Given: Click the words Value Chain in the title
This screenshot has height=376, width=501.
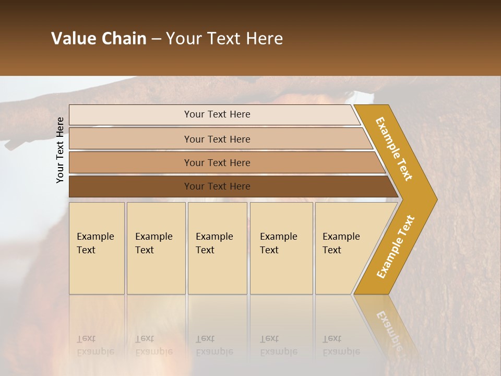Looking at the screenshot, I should tap(99, 39).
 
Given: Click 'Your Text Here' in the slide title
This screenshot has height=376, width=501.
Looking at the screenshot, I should tap(224, 39).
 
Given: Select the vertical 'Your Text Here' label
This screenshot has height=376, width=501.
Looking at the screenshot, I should tap(60, 150).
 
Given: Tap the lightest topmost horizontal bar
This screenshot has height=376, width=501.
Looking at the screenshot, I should tap(130, 115).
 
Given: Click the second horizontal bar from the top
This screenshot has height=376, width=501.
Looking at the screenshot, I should tap(130, 139).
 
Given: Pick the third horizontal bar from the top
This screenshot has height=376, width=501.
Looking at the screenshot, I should tap(130, 162).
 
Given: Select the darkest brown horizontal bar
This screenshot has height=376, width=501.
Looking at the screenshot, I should tap(130, 186).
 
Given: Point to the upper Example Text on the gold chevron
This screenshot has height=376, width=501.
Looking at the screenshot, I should tap(394, 149).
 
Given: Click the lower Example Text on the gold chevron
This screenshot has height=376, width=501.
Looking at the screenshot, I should tap(396, 246).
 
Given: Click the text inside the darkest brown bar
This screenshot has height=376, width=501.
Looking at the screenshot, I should tap(217, 186).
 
